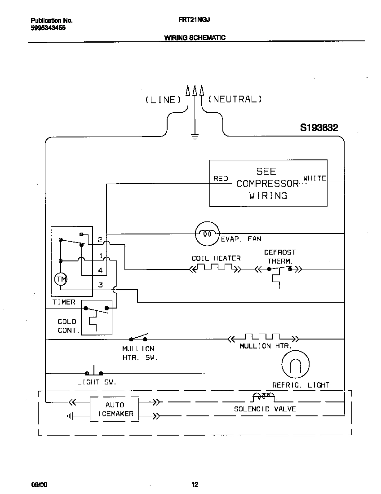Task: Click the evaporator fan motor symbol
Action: click(x=206, y=234)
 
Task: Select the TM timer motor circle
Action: click(x=61, y=280)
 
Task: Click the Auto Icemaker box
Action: click(x=115, y=409)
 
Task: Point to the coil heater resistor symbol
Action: click(x=215, y=269)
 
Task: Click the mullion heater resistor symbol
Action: click(x=262, y=337)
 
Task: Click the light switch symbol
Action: click(x=94, y=372)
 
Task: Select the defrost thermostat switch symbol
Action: click(x=279, y=269)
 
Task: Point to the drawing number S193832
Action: click(x=319, y=128)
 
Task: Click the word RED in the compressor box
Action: click(x=221, y=179)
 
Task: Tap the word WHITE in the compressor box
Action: click(x=315, y=178)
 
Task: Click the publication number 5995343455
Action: click(x=49, y=28)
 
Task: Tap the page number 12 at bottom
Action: click(x=195, y=484)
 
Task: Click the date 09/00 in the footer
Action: click(x=39, y=485)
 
